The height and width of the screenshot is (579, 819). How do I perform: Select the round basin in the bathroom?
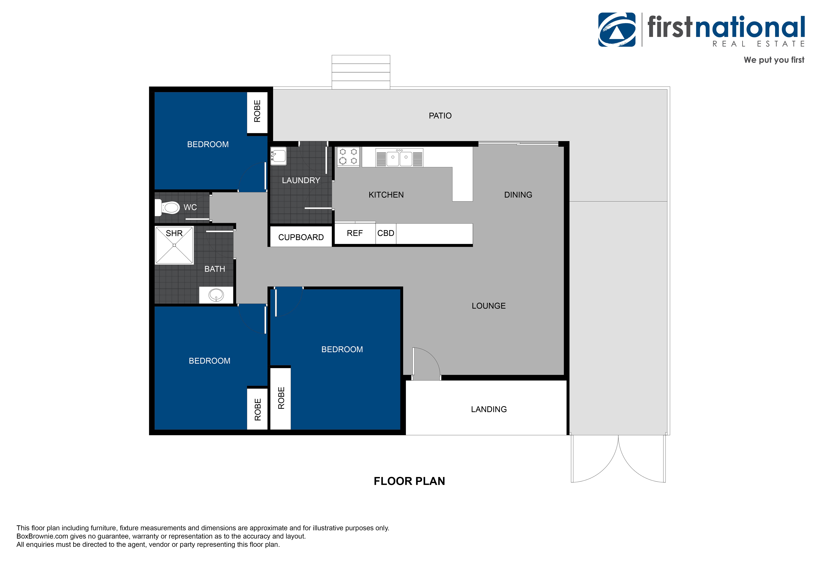(216, 295)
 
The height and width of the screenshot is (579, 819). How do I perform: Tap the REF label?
(355, 233)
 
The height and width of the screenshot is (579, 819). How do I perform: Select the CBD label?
(386, 233)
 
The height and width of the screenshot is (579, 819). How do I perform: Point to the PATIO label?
(440, 116)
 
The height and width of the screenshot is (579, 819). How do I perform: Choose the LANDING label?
(489, 409)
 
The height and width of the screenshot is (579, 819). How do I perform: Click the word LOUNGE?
(489, 306)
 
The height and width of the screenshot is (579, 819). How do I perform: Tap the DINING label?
(518, 195)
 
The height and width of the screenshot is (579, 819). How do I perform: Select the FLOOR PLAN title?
(409, 481)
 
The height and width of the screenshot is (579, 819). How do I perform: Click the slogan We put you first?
(774, 60)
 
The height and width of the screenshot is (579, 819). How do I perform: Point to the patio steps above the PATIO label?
(361, 72)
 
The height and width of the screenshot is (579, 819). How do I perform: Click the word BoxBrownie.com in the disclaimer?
(42, 536)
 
